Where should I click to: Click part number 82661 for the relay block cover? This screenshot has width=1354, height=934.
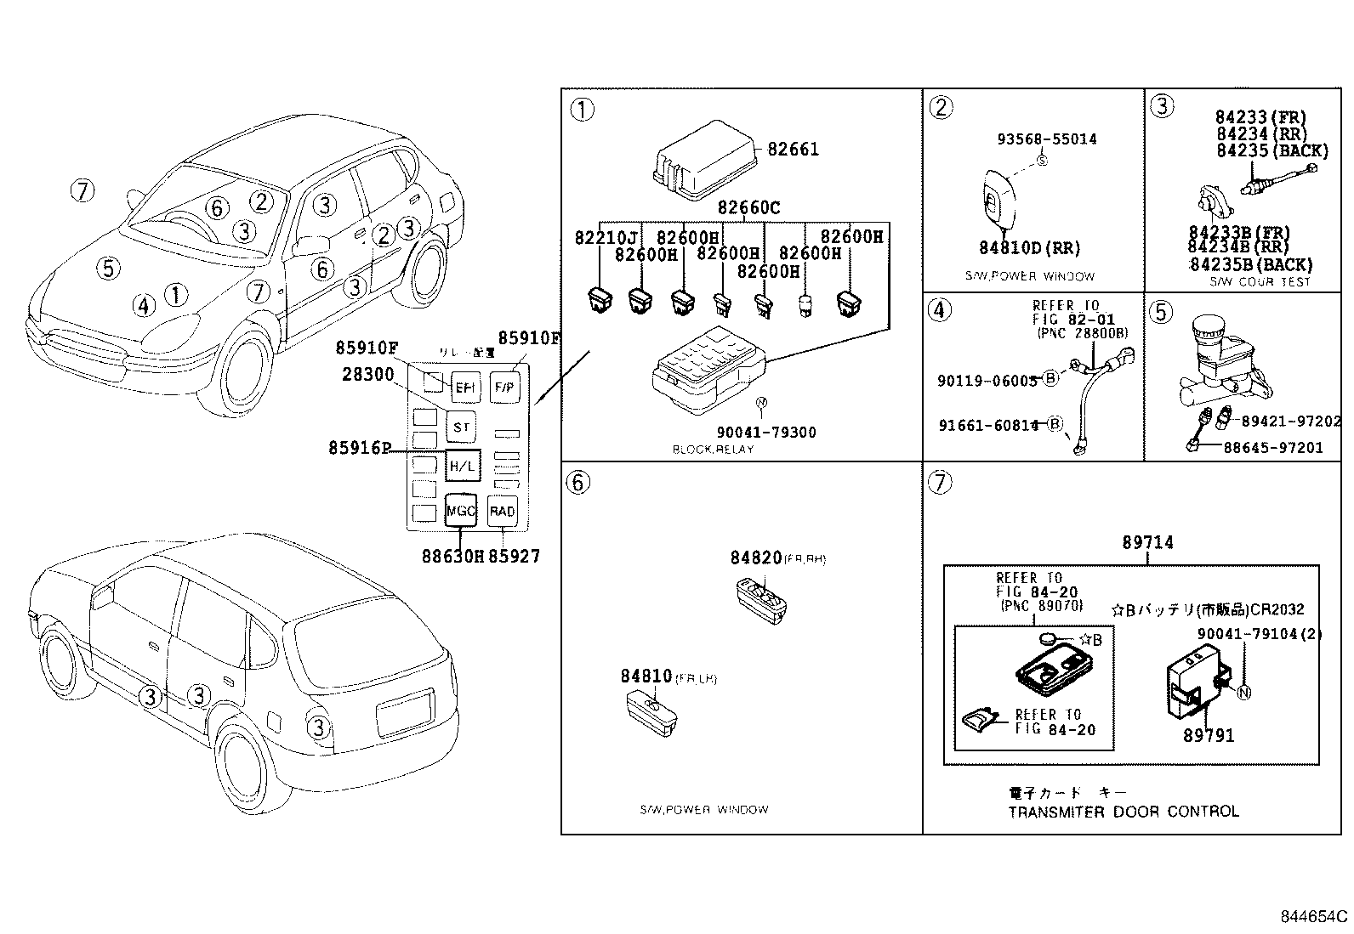[x=793, y=150]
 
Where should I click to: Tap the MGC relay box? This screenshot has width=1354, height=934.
[x=461, y=512]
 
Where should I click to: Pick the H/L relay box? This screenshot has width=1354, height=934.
[x=462, y=465]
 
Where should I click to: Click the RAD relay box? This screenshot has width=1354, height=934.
[x=502, y=512]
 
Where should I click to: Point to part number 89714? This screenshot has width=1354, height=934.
[x=1147, y=542]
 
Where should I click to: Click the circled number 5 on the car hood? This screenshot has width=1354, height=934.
[x=108, y=269]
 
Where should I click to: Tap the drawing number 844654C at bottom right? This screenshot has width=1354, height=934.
[x=1314, y=917]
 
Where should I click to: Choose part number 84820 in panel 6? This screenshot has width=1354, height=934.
[x=755, y=558]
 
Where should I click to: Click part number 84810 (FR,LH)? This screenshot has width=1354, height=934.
[x=646, y=676]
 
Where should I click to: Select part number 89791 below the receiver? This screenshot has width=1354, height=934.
[x=1208, y=735]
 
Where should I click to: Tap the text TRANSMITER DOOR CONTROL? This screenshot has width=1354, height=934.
[x=1123, y=812]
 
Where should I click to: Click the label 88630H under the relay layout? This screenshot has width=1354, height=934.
[x=452, y=557]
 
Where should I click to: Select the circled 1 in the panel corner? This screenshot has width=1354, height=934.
[x=582, y=110]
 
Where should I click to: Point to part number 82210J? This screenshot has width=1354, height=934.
[x=606, y=238]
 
